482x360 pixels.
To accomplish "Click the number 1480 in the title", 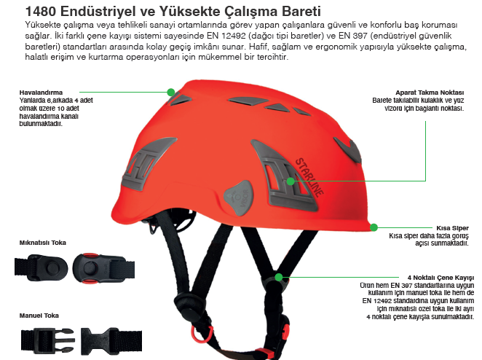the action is [x=41, y=12].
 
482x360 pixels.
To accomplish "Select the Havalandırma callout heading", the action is [x=41, y=93].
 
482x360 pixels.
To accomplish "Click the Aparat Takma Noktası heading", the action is [x=430, y=93].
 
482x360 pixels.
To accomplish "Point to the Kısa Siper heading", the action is [x=452, y=228].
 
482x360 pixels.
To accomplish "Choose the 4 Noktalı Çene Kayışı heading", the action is [x=440, y=278].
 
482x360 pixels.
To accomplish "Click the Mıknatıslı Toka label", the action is [x=43, y=243].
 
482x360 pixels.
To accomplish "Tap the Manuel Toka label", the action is [x=39, y=316].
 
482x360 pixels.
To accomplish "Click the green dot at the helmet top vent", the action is [x=171, y=92].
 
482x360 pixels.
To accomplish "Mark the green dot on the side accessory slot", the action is [x=291, y=181].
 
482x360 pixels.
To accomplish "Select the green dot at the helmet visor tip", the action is [x=374, y=227].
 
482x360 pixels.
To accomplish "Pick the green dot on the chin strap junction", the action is [x=279, y=277].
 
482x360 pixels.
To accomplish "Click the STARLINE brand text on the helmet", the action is [x=309, y=177].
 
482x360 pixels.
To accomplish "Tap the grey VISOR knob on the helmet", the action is [x=240, y=197].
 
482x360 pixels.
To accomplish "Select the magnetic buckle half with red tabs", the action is [x=103, y=268].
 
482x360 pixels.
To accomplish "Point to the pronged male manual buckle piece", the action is [x=47, y=340].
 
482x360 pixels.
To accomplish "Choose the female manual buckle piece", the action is [x=111, y=341].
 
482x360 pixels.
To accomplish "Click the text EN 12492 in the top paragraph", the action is [x=226, y=36].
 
